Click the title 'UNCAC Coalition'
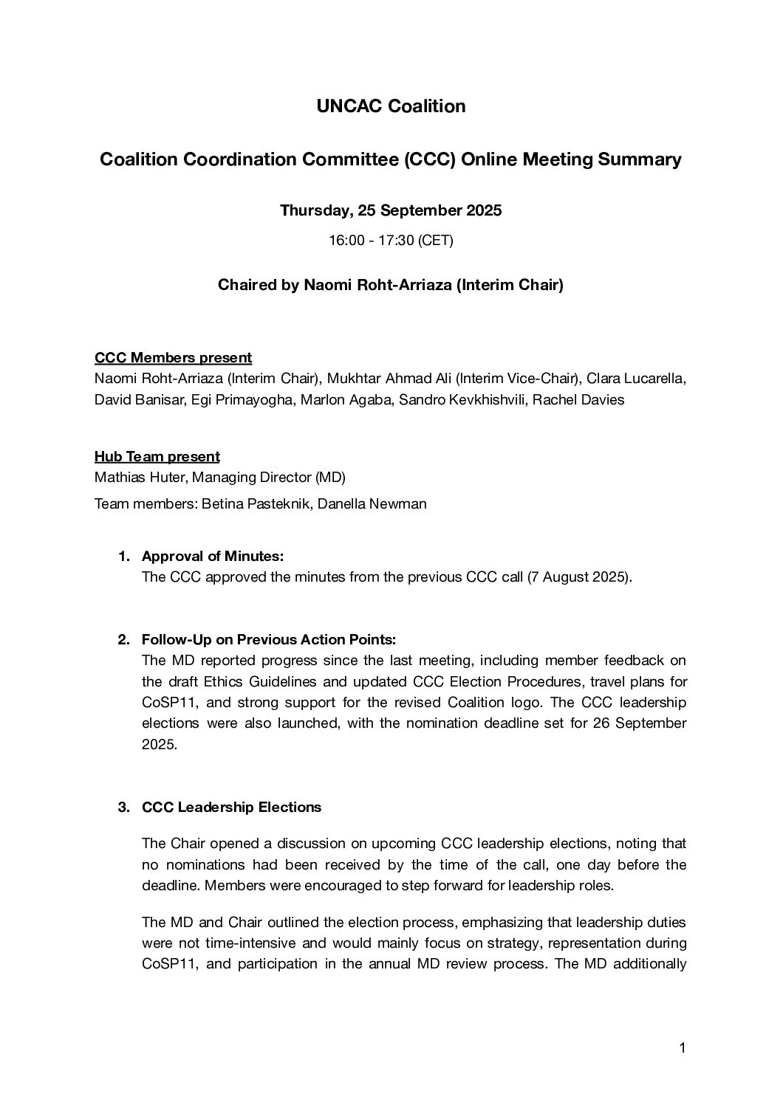pos(391,106)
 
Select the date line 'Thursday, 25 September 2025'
pos(391,210)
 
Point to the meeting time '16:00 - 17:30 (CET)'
pos(391,241)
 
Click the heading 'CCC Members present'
pos(173,358)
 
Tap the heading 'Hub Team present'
pos(157,457)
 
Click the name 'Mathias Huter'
pos(140,478)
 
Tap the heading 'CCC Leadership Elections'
pos(231,808)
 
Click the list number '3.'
pos(124,808)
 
